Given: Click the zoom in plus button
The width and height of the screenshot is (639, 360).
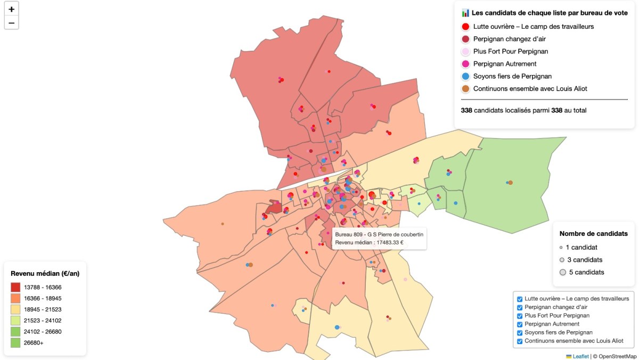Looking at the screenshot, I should tap(11, 9).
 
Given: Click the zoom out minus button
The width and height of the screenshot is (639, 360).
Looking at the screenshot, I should tap(11, 22).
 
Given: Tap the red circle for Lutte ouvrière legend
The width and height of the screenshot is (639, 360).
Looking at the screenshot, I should tap(465, 26).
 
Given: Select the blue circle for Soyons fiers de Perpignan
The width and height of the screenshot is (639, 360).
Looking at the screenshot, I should tap(465, 76).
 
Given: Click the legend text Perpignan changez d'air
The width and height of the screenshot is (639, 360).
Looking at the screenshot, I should tap(509, 39).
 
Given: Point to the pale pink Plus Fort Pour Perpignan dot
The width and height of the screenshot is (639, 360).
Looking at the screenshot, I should tap(465, 52).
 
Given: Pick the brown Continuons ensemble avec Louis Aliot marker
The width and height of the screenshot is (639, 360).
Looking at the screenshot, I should tap(465, 88).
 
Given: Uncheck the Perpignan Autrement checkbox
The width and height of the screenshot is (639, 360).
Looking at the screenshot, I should tap(520, 324).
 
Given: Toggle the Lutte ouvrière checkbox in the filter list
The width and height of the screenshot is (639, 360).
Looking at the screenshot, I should tap(520, 299).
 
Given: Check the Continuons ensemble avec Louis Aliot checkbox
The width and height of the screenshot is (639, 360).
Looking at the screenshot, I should tap(520, 341).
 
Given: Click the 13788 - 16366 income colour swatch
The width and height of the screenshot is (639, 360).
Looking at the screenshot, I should tap(15, 287).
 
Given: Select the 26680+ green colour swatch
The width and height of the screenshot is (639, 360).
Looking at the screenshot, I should tap(15, 343).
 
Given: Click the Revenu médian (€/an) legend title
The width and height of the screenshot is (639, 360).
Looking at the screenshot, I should tap(45, 273).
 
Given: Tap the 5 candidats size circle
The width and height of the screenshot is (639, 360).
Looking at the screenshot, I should tap(562, 272).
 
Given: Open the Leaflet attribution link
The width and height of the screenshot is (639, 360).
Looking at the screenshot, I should tap(580, 356).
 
